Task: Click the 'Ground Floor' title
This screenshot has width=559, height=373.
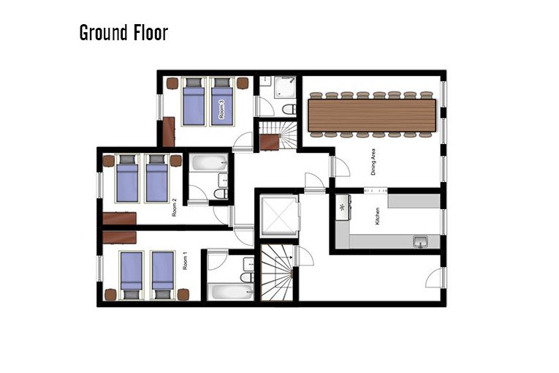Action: [123, 33]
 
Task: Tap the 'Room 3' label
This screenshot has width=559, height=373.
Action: [221, 109]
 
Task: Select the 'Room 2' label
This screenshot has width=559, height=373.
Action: [175, 208]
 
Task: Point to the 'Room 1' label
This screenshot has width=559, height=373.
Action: [185, 261]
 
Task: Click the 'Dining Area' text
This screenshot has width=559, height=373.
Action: [373, 162]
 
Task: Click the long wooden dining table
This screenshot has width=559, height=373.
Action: [372, 116]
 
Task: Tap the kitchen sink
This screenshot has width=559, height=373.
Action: [421, 241]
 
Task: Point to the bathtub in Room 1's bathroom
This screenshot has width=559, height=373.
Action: [228, 293]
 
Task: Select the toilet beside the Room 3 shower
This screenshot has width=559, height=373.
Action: [289, 109]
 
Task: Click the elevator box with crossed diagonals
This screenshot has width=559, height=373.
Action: [276, 215]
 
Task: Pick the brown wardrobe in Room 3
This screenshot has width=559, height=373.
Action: [168, 132]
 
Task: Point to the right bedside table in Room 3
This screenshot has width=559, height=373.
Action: [242, 83]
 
